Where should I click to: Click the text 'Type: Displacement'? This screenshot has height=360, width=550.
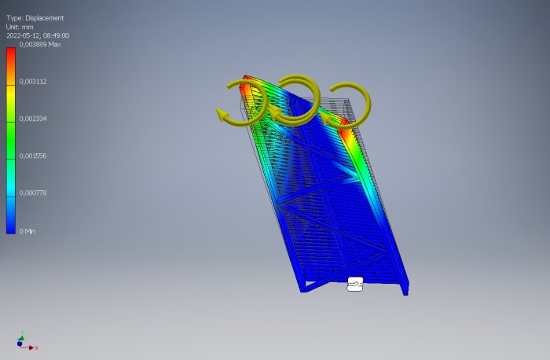click(x=35, y=18)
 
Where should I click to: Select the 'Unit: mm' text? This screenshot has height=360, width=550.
click(x=20, y=27)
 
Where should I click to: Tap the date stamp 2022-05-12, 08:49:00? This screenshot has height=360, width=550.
click(x=38, y=35)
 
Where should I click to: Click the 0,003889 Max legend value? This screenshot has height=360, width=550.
click(x=40, y=45)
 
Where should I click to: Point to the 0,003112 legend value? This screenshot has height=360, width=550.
click(x=33, y=82)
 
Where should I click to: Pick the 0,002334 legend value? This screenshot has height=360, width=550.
click(x=33, y=119)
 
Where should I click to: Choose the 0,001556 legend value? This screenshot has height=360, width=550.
click(x=33, y=156)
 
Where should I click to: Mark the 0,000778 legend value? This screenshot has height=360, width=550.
click(x=33, y=193)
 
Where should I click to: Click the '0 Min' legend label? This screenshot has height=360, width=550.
click(x=27, y=231)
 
